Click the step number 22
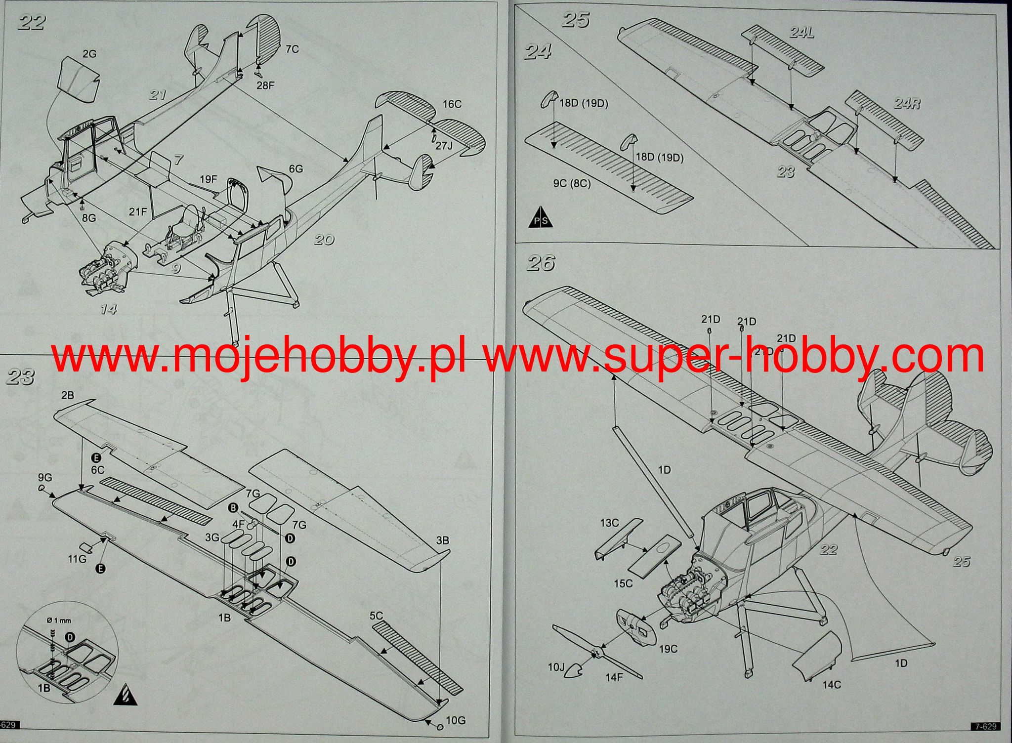pos(32,23)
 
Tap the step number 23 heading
pos(21,377)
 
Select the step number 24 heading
pos(538,51)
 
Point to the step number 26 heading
pos(541,263)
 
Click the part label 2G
pos(89,54)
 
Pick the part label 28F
pos(265,85)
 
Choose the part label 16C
pos(452,104)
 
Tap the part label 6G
pos(295,169)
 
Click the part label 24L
pos(801,33)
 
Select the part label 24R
pos(907,104)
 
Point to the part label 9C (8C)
pos(572,183)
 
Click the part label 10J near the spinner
pos(556,667)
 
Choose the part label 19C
pos(668,649)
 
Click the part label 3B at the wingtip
pos(442,541)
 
